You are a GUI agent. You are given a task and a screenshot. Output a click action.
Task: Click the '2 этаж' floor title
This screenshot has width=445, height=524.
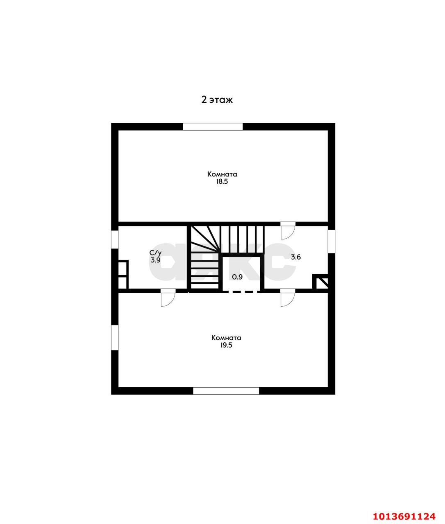click(x=217, y=100)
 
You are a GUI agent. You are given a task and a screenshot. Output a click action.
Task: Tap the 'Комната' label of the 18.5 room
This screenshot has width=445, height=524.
click(x=222, y=174)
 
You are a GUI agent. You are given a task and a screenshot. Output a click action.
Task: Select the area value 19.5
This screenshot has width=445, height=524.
click(x=226, y=345)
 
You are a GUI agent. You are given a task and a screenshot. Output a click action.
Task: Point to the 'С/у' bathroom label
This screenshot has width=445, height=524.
click(x=155, y=253)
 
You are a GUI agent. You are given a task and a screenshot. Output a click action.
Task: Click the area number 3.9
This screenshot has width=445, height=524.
click(x=155, y=260)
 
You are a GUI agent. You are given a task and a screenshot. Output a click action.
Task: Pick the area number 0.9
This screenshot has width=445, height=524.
click(x=237, y=277)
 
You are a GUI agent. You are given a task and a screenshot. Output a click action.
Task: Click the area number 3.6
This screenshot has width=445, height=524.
click(x=296, y=257)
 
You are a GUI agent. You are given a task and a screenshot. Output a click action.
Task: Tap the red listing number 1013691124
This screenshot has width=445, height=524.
click(x=404, y=514)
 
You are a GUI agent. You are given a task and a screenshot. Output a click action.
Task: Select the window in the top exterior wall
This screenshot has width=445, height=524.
click(x=213, y=126)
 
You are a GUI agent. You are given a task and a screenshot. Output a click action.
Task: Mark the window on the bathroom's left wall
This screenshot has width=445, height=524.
click(x=115, y=239)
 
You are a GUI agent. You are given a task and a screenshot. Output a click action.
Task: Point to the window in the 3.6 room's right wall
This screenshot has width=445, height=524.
click(x=331, y=242)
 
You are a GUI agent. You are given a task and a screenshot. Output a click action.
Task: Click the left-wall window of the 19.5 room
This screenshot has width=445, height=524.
click(x=115, y=338)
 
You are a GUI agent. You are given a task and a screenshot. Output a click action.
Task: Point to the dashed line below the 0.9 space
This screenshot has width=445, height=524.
click(x=242, y=291)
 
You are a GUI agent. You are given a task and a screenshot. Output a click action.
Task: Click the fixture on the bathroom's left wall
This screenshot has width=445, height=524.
click(x=123, y=275)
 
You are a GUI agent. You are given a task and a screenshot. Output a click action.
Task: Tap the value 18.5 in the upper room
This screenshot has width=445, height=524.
click(x=222, y=181)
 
